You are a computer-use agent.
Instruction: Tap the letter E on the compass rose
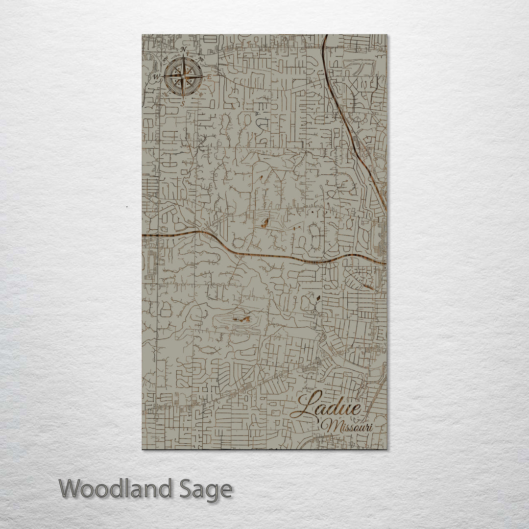209,77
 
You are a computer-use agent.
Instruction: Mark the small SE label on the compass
200,95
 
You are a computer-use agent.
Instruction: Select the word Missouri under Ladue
350,426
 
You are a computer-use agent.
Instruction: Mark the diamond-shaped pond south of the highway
319,297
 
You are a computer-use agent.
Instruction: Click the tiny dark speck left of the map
126,208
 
